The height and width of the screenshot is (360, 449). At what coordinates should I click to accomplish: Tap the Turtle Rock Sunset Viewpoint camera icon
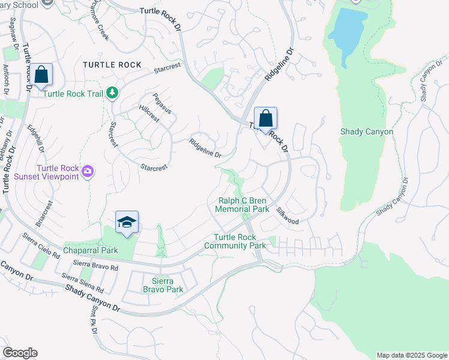[x=88, y=172]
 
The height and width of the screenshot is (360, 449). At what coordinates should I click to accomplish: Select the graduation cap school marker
[x=127, y=223]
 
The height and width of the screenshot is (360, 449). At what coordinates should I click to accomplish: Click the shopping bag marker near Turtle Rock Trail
[x=41, y=76]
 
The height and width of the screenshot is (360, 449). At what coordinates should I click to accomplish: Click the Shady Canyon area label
[x=367, y=131]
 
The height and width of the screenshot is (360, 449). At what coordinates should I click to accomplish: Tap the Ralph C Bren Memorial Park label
[x=244, y=205]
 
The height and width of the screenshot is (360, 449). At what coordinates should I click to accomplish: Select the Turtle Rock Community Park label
[x=235, y=241]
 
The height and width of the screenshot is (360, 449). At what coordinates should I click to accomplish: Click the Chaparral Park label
[x=91, y=250]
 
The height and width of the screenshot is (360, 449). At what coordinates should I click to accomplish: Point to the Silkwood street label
[x=288, y=216]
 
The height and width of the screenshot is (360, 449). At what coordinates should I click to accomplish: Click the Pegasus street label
[x=162, y=103]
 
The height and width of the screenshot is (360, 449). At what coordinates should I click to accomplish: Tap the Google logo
[x=20, y=353]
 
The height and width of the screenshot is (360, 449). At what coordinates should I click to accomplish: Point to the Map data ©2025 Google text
[x=411, y=355]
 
